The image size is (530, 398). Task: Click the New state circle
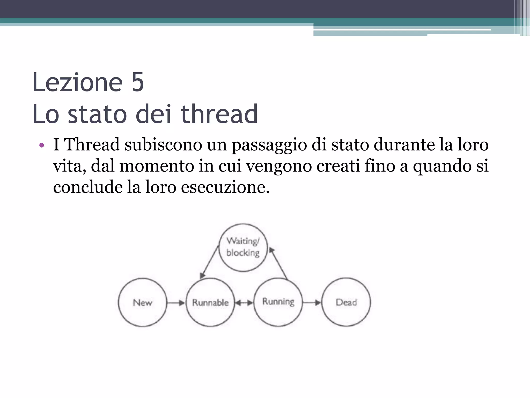tap(143, 302)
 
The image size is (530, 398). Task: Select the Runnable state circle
tap(210, 302)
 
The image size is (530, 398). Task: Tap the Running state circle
tap(278, 302)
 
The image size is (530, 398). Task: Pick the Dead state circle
tap(346, 302)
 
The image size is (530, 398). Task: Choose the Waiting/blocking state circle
tap(243, 247)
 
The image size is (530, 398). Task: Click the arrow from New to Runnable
tap(176, 303)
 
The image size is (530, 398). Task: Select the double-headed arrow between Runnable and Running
tap(244, 303)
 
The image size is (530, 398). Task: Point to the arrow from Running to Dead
tap(312, 302)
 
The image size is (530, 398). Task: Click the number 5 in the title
tap(138, 82)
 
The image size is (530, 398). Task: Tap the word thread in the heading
tap(219, 114)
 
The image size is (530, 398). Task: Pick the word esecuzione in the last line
tap(225, 187)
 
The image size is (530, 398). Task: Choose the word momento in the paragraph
tap(157, 166)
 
